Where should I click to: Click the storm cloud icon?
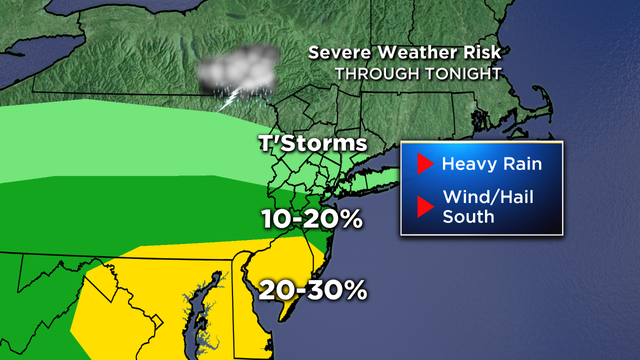(x=237, y=68)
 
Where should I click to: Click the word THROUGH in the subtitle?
(x=371, y=74)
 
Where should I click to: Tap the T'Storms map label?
(x=307, y=144)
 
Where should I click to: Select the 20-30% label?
(x=312, y=291)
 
